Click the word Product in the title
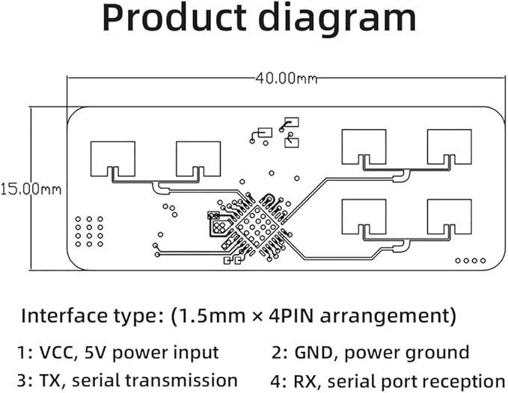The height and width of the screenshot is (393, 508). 174,18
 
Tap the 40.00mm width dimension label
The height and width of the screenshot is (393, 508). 286,78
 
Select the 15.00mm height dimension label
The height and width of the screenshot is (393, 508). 31,189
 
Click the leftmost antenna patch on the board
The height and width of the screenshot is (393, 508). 113,158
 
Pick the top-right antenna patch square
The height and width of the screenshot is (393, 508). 450,146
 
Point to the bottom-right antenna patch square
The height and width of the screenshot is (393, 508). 450,217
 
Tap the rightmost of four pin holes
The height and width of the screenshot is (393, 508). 483,261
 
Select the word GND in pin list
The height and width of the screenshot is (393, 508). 314,353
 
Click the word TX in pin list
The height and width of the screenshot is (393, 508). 50,380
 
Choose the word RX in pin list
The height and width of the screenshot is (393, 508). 305,381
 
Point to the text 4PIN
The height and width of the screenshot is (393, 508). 291,316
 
